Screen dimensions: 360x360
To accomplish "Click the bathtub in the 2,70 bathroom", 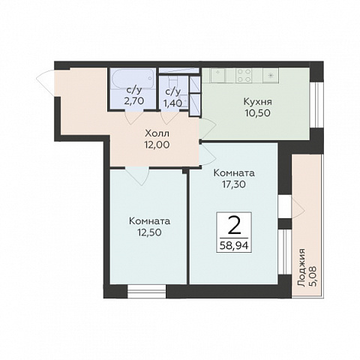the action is click(x=133, y=79).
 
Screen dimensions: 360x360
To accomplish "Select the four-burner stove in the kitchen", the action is click(x=244, y=75).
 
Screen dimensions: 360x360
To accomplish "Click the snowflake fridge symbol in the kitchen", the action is click(x=271, y=75).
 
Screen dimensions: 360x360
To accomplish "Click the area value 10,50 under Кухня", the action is click(x=258, y=113).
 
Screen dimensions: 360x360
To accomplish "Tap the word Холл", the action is click(x=157, y=133).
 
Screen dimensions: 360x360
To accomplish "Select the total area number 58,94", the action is click(x=234, y=245).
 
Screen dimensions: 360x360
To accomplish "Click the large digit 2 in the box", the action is click(x=235, y=226).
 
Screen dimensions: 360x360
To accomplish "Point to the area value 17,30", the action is click(x=234, y=184).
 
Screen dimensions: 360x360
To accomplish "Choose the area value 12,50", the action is click(x=149, y=232).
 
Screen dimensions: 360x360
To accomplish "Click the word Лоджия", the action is click(x=301, y=268).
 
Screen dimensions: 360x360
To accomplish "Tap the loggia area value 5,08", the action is click(x=313, y=276).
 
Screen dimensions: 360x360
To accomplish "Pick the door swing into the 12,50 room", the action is click(x=137, y=176).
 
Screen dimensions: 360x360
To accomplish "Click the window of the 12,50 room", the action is click(x=147, y=291).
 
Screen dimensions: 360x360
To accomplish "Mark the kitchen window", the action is click(x=317, y=105).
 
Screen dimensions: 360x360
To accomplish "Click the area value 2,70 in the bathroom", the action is click(x=133, y=101).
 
